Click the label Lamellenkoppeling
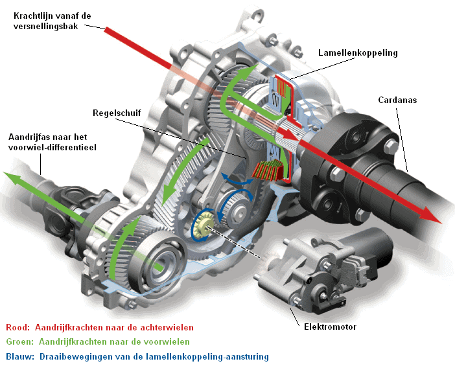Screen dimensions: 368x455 [x=358, y=53]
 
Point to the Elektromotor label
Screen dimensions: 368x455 [x=331, y=327]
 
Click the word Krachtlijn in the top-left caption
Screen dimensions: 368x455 [x=30, y=14]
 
